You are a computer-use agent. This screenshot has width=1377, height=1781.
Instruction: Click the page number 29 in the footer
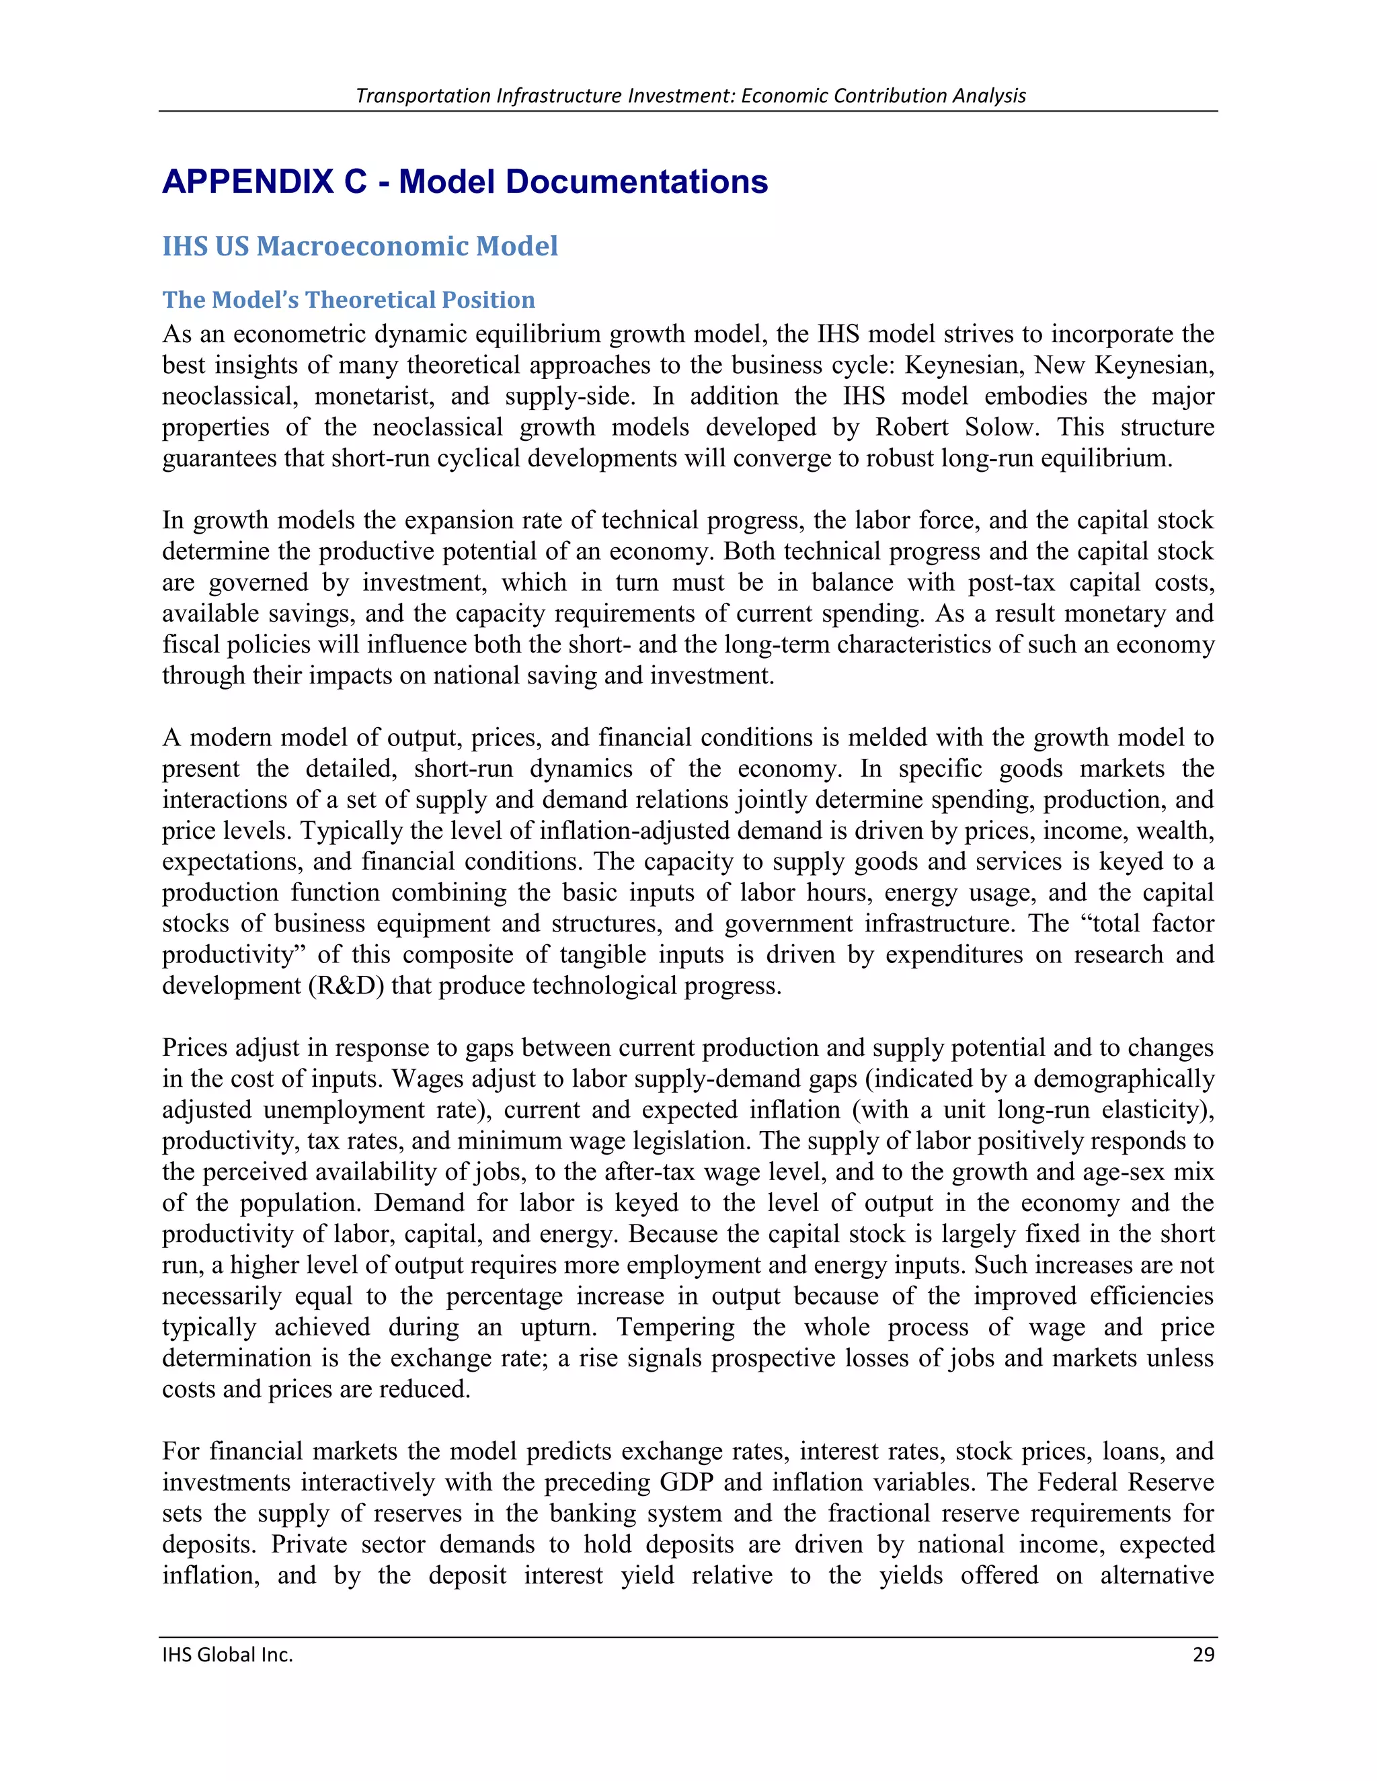point(1204,1655)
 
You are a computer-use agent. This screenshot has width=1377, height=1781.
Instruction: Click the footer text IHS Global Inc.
point(228,1655)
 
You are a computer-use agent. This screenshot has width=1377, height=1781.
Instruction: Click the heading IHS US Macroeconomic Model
point(360,246)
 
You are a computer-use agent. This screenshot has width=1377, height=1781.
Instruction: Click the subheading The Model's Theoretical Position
point(348,300)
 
